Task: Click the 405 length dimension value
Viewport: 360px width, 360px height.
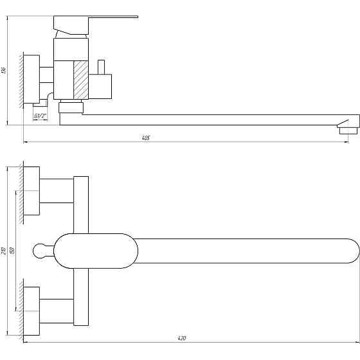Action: click(x=147, y=138)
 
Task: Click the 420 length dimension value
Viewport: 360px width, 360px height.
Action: click(x=182, y=337)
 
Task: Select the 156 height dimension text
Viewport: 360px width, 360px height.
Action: click(x=4, y=70)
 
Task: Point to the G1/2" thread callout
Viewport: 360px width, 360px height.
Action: click(x=40, y=116)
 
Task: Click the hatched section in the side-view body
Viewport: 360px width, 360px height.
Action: click(x=80, y=78)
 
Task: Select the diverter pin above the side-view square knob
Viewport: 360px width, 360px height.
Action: click(x=101, y=67)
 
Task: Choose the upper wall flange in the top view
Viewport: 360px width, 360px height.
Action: click(x=31, y=191)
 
